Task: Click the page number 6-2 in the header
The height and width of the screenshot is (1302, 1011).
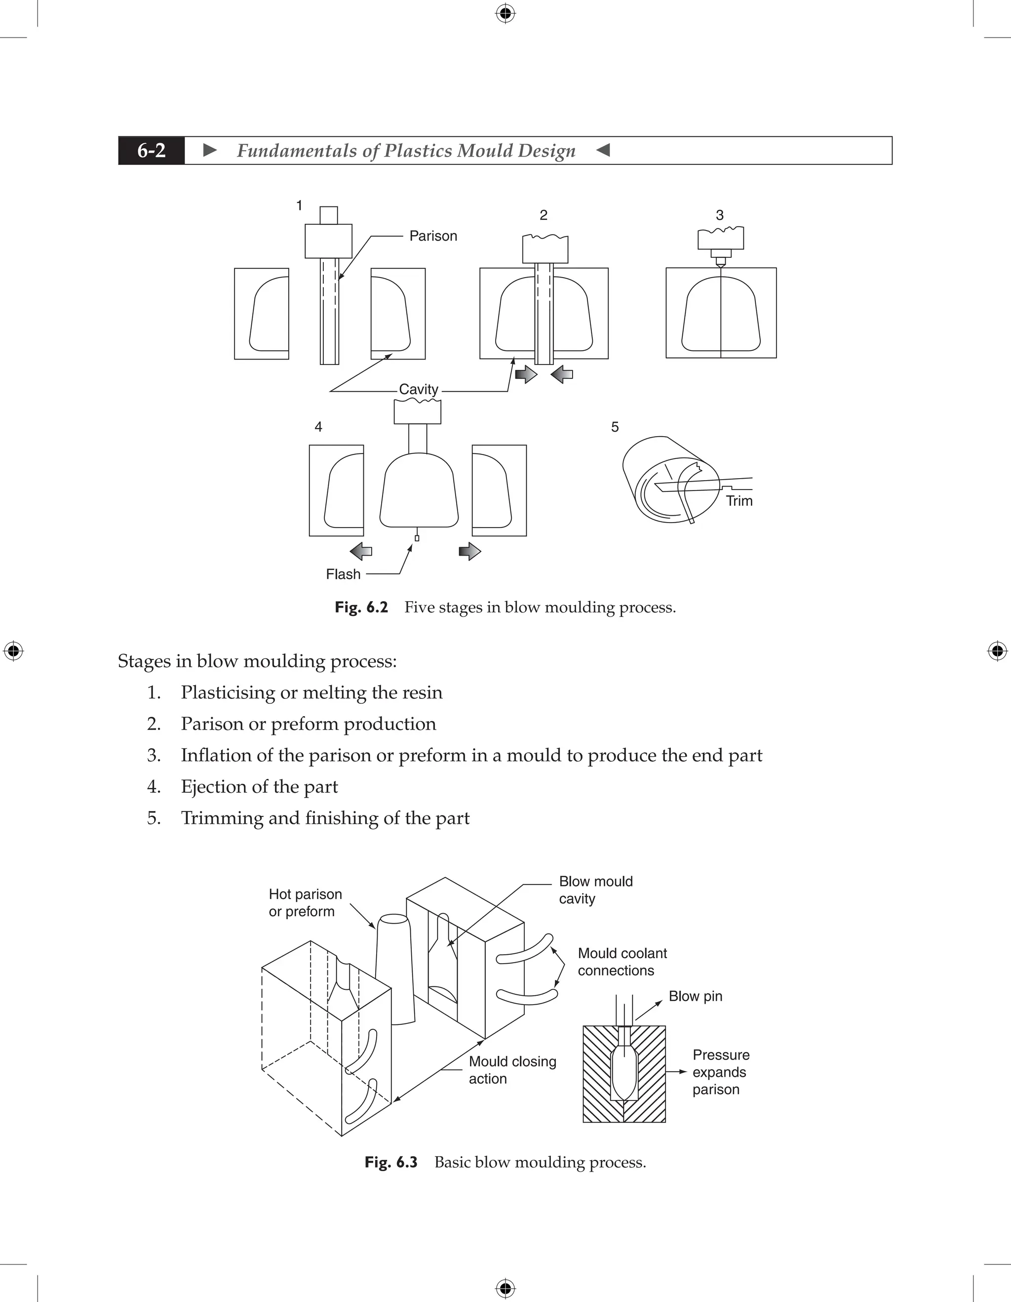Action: (152, 151)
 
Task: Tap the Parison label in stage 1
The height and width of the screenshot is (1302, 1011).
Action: (433, 236)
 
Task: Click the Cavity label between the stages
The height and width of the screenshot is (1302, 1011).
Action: (418, 389)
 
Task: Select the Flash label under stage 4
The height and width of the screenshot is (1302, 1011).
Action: (343, 574)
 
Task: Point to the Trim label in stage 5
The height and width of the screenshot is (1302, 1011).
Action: (739, 501)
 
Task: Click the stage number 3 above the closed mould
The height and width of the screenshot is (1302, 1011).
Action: (720, 215)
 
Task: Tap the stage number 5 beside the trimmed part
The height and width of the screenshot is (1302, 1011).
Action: (615, 427)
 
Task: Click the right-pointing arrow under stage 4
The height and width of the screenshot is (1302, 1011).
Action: (469, 551)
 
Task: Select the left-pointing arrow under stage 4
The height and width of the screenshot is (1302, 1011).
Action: (361, 551)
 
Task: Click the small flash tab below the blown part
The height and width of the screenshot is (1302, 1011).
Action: (417, 538)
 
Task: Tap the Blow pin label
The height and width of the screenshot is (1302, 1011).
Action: (695, 996)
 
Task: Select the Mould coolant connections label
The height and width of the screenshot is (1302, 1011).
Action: (622, 962)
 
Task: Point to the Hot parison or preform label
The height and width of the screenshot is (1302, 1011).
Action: (305, 902)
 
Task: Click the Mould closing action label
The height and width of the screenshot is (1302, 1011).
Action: (512, 1069)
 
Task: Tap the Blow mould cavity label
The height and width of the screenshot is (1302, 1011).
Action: (595, 890)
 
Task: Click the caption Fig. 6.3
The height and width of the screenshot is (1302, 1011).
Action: (391, 1162)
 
